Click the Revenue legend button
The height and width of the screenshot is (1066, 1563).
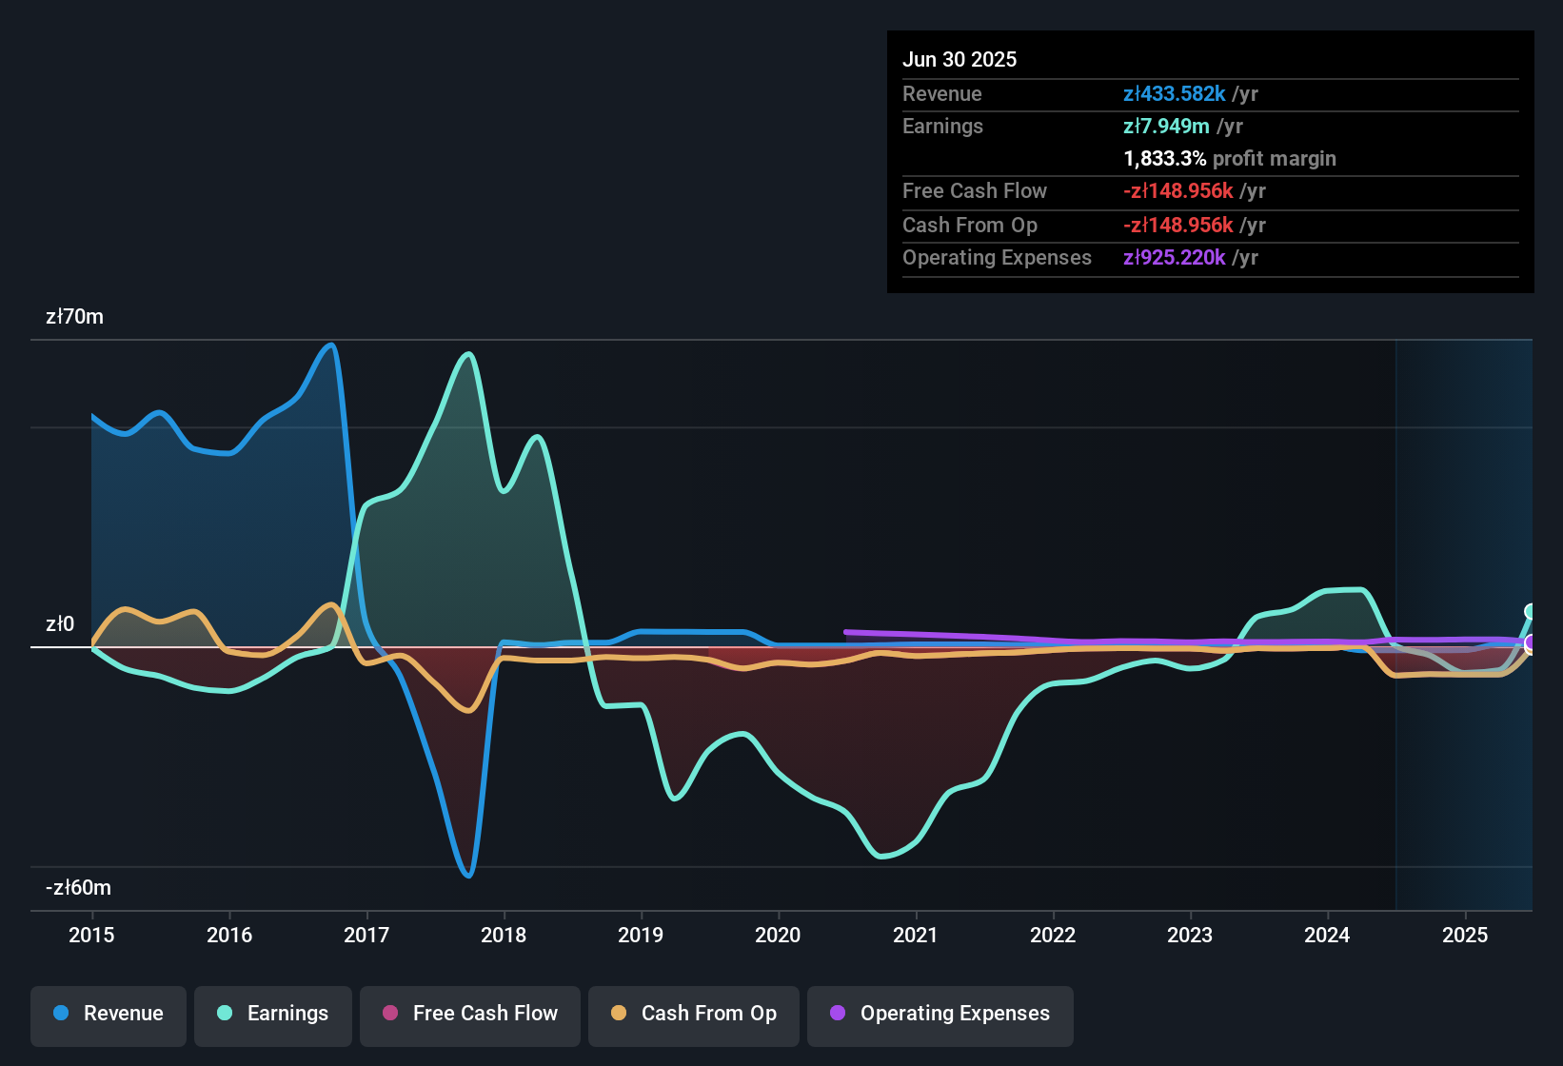pos(109,1014)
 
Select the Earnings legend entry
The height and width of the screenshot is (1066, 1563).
pos(273,1014)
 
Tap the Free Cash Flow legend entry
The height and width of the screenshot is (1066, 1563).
pos(470,1014)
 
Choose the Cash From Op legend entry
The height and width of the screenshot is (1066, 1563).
pos(694,1014)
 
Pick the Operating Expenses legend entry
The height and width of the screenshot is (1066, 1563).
pos(940,1014)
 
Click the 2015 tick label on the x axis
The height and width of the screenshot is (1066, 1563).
pos(91,935)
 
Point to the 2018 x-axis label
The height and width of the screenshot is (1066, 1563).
pos(504,935)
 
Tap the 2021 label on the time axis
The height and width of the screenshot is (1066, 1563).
pos(916,935)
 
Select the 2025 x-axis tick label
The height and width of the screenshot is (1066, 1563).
pos(1465,935)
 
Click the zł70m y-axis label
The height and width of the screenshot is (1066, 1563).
pos(74,316)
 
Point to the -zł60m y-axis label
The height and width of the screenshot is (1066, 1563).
pos(78,887)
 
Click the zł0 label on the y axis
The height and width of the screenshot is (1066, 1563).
pos(60,623)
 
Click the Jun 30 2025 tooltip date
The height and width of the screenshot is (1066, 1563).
pos(960,59)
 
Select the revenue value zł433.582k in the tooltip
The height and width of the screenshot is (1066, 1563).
pos(1174,93)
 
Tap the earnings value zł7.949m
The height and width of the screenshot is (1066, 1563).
pos(1166,126)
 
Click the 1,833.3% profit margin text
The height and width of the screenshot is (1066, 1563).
pos(1229,158)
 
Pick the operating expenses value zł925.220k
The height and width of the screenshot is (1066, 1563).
pos(1174,257)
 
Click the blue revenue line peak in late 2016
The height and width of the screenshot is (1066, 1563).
pos(331,345)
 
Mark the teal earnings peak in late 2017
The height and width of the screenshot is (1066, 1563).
pos(467,354)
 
